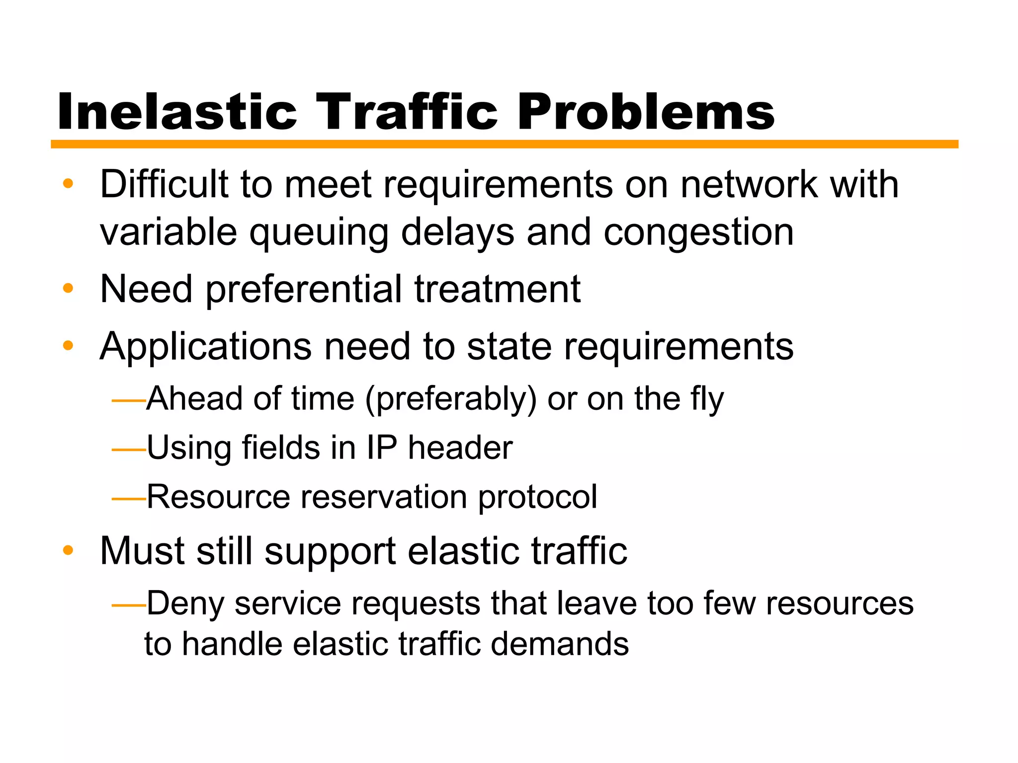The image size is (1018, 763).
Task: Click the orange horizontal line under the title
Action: (504, 144)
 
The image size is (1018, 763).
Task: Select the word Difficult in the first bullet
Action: (164, 184)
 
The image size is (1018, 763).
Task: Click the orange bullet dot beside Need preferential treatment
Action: (68, 288)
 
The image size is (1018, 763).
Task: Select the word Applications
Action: (206, 347)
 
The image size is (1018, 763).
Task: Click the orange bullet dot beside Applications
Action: (68, 345)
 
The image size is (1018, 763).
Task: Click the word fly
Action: (706, 400)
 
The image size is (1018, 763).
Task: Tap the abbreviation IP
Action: (382, 448)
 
